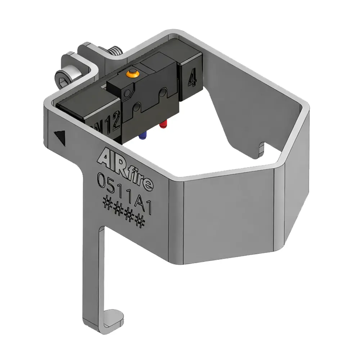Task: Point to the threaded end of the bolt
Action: pyautogui.click(x=115, y=50)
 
